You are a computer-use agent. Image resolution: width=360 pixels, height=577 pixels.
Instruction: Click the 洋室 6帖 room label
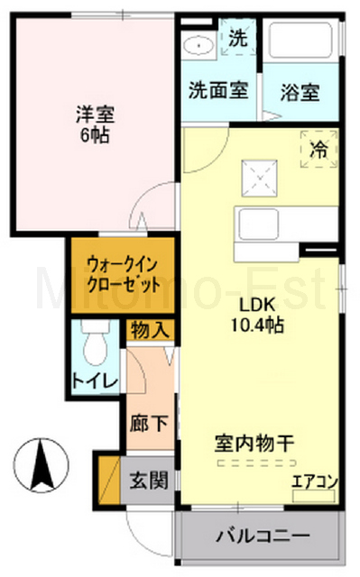coord(93,125)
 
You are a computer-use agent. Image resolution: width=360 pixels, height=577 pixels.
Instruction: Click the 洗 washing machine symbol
coord(236,40)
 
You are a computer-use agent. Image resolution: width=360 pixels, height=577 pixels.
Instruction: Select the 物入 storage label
coord(149,330)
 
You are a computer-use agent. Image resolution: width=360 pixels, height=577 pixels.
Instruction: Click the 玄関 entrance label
coord(148,479)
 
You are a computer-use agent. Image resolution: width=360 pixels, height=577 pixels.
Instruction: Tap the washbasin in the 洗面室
coord(195,45)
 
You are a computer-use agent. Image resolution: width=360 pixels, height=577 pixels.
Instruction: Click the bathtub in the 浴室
coord(301,45)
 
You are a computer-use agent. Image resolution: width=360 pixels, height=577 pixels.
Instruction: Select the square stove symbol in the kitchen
coord(257,173)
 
